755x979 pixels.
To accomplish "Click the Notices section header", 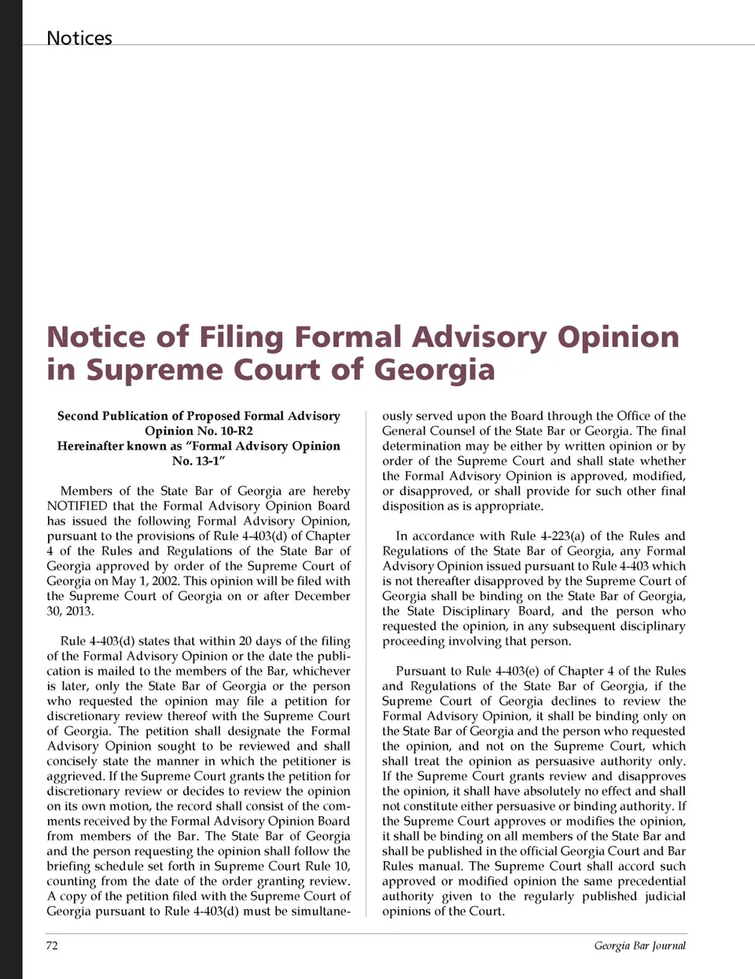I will (79, 38).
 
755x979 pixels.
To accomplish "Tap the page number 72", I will (52, 945).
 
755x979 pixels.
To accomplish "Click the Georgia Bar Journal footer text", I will (639, 945).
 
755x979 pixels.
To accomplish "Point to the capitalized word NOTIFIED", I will (77, 506).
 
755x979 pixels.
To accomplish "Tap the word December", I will (322, 596).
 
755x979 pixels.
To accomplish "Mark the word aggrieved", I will (74, 776).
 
